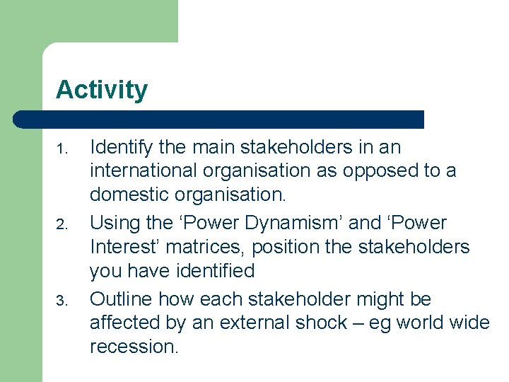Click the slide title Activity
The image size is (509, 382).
pos(102,91)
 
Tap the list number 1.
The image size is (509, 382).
pos(61,149)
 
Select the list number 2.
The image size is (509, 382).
pos(61,225)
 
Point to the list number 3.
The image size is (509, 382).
pos(61,301)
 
